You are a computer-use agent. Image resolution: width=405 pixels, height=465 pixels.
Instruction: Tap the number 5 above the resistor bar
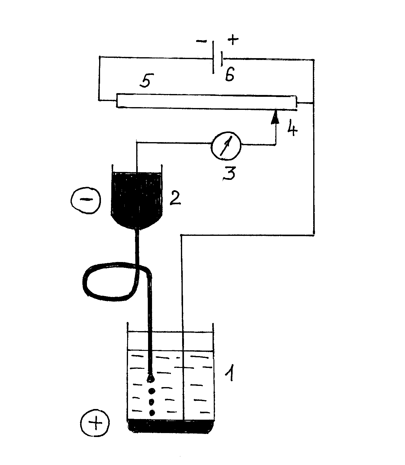(x=147, y=80)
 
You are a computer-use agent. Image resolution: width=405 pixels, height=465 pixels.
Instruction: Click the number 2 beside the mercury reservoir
(x=175, y=198)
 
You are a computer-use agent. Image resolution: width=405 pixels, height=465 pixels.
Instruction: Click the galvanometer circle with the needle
(x=226, y=146)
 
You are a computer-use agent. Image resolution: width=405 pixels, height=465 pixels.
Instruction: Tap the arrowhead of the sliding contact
(x=275, y=117)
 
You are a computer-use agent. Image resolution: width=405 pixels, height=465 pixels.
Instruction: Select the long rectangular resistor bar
(x=206, y=101)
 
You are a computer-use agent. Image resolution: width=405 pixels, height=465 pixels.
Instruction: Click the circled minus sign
(x=85, y=200)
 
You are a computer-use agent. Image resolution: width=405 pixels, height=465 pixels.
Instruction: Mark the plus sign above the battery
(x=233, y=40)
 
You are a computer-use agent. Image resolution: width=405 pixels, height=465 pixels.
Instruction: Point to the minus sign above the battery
(x=202, y=41)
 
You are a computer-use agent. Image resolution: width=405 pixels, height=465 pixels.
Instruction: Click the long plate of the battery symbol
(x=213, y=57)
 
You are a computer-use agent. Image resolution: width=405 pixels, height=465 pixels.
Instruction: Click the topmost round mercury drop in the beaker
(x=152, y=391)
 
